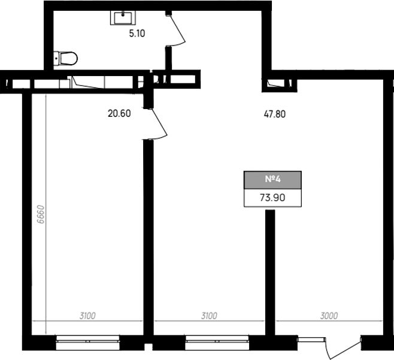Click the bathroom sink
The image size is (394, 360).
point(123,17)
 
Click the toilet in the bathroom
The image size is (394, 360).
point(65,58)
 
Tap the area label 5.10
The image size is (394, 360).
point(137,34)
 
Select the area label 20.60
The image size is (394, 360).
point(119,113)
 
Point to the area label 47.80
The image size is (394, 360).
point(275,114)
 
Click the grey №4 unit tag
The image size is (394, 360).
point(272,180)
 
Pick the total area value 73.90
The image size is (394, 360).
point(272,198)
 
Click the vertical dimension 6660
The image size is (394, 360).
point(41,214)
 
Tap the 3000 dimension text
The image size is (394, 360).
point(329,316)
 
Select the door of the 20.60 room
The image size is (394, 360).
point(159,123)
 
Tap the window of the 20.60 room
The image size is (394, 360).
point(87,343)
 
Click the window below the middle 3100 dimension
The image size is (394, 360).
point(217,343)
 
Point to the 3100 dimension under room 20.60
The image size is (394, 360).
point(87,316)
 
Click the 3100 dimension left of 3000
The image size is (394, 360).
point(209,316)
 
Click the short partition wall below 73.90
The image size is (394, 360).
point(270,273)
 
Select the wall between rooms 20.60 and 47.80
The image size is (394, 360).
point(148,238)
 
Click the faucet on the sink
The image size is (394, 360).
point(123,14)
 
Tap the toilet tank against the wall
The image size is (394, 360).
point(56,59)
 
